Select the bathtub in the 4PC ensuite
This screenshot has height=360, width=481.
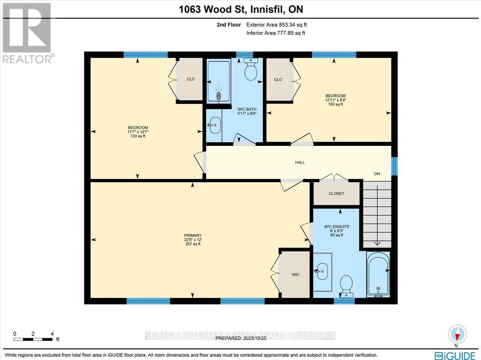[x=378, y=275]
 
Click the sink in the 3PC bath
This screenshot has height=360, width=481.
[x=214, y=125]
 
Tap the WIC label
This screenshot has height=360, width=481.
[x=295, y=274]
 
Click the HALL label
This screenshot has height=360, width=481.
[x=300, y=162]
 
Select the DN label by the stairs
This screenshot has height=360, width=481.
[x=377, y=174]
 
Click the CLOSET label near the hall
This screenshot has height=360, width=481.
[x=336, y=193]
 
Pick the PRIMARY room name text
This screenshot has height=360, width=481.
[x=193, y=235]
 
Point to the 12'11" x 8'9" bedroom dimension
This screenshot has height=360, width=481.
[x=335, y=100]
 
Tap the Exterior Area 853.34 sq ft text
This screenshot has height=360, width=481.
[x=277, y=25]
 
